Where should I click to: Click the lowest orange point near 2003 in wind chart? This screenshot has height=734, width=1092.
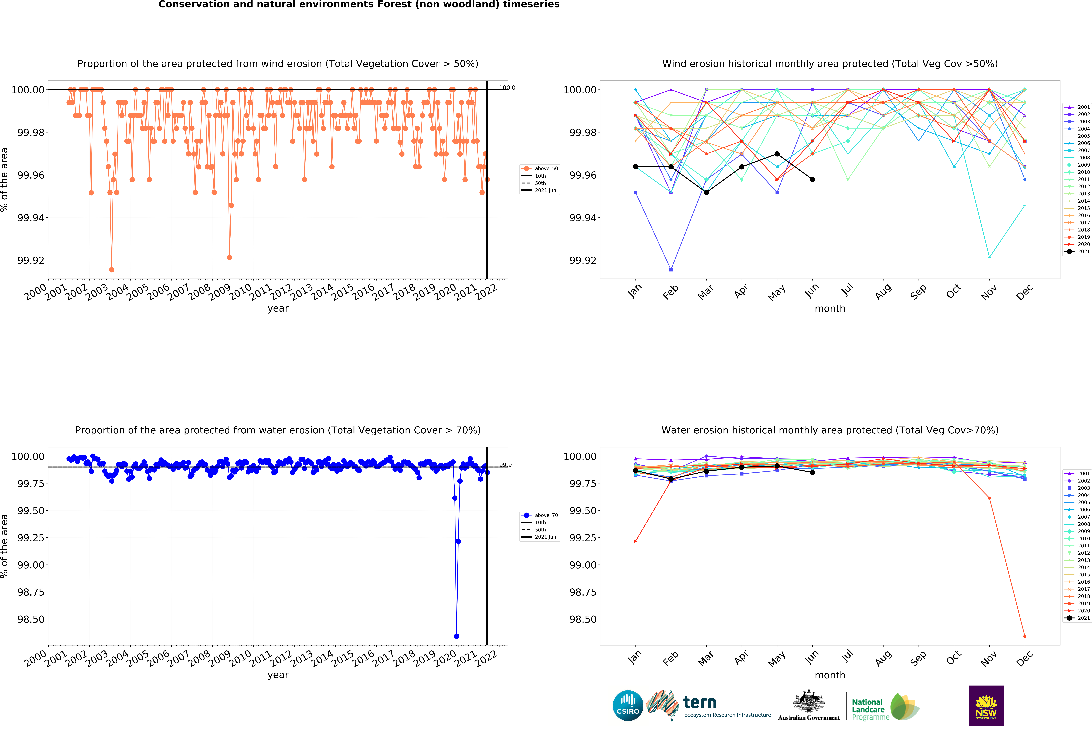[111, 270]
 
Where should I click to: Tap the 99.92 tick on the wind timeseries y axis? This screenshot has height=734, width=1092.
[31, 260]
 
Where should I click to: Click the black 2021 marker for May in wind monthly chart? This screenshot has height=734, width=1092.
[777, 154]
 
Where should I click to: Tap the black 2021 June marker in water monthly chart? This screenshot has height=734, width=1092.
[813, 472]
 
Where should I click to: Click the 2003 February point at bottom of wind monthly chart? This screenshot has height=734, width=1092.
[671, 270]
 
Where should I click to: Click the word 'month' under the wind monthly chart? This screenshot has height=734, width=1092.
[830, 308]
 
